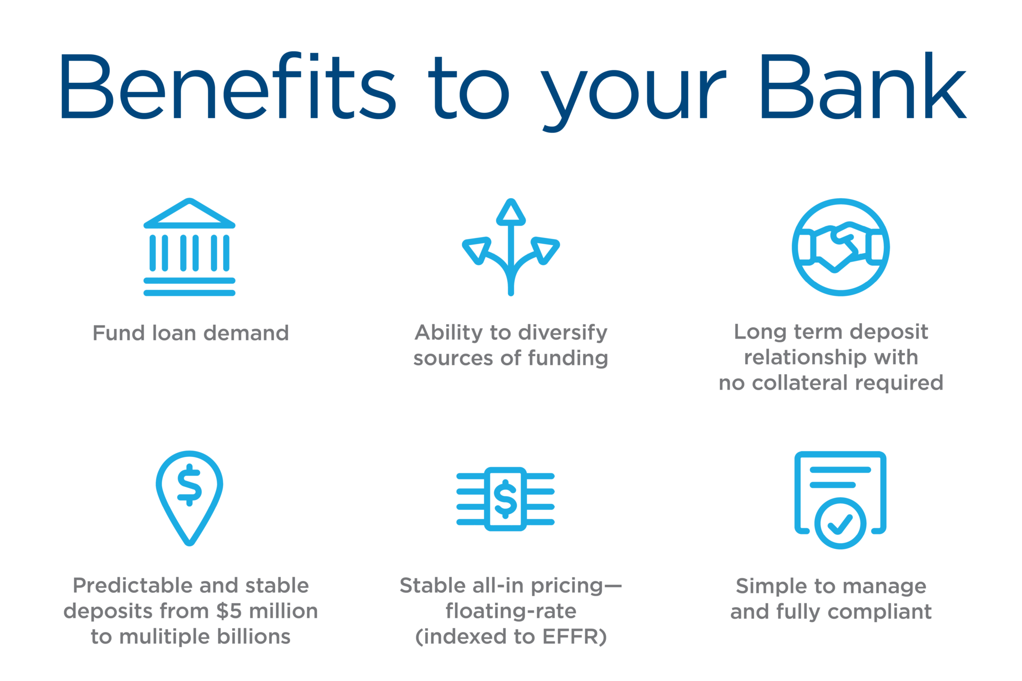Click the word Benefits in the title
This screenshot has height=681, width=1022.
(x=228, y=86)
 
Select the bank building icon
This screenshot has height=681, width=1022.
(x=189, y=247)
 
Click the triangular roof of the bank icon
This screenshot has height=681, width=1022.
(x=189, y=214)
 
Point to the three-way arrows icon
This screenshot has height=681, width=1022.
(x=511, y=247)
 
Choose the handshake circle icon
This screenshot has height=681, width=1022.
(x=840, y=247)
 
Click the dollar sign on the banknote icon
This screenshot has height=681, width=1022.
(x=506, y=499)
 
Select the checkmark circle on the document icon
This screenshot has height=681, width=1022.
(x=840, y=523)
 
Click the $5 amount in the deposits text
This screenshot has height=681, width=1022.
(x=230, y=611)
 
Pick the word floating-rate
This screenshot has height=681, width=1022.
(x=511, y=611)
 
